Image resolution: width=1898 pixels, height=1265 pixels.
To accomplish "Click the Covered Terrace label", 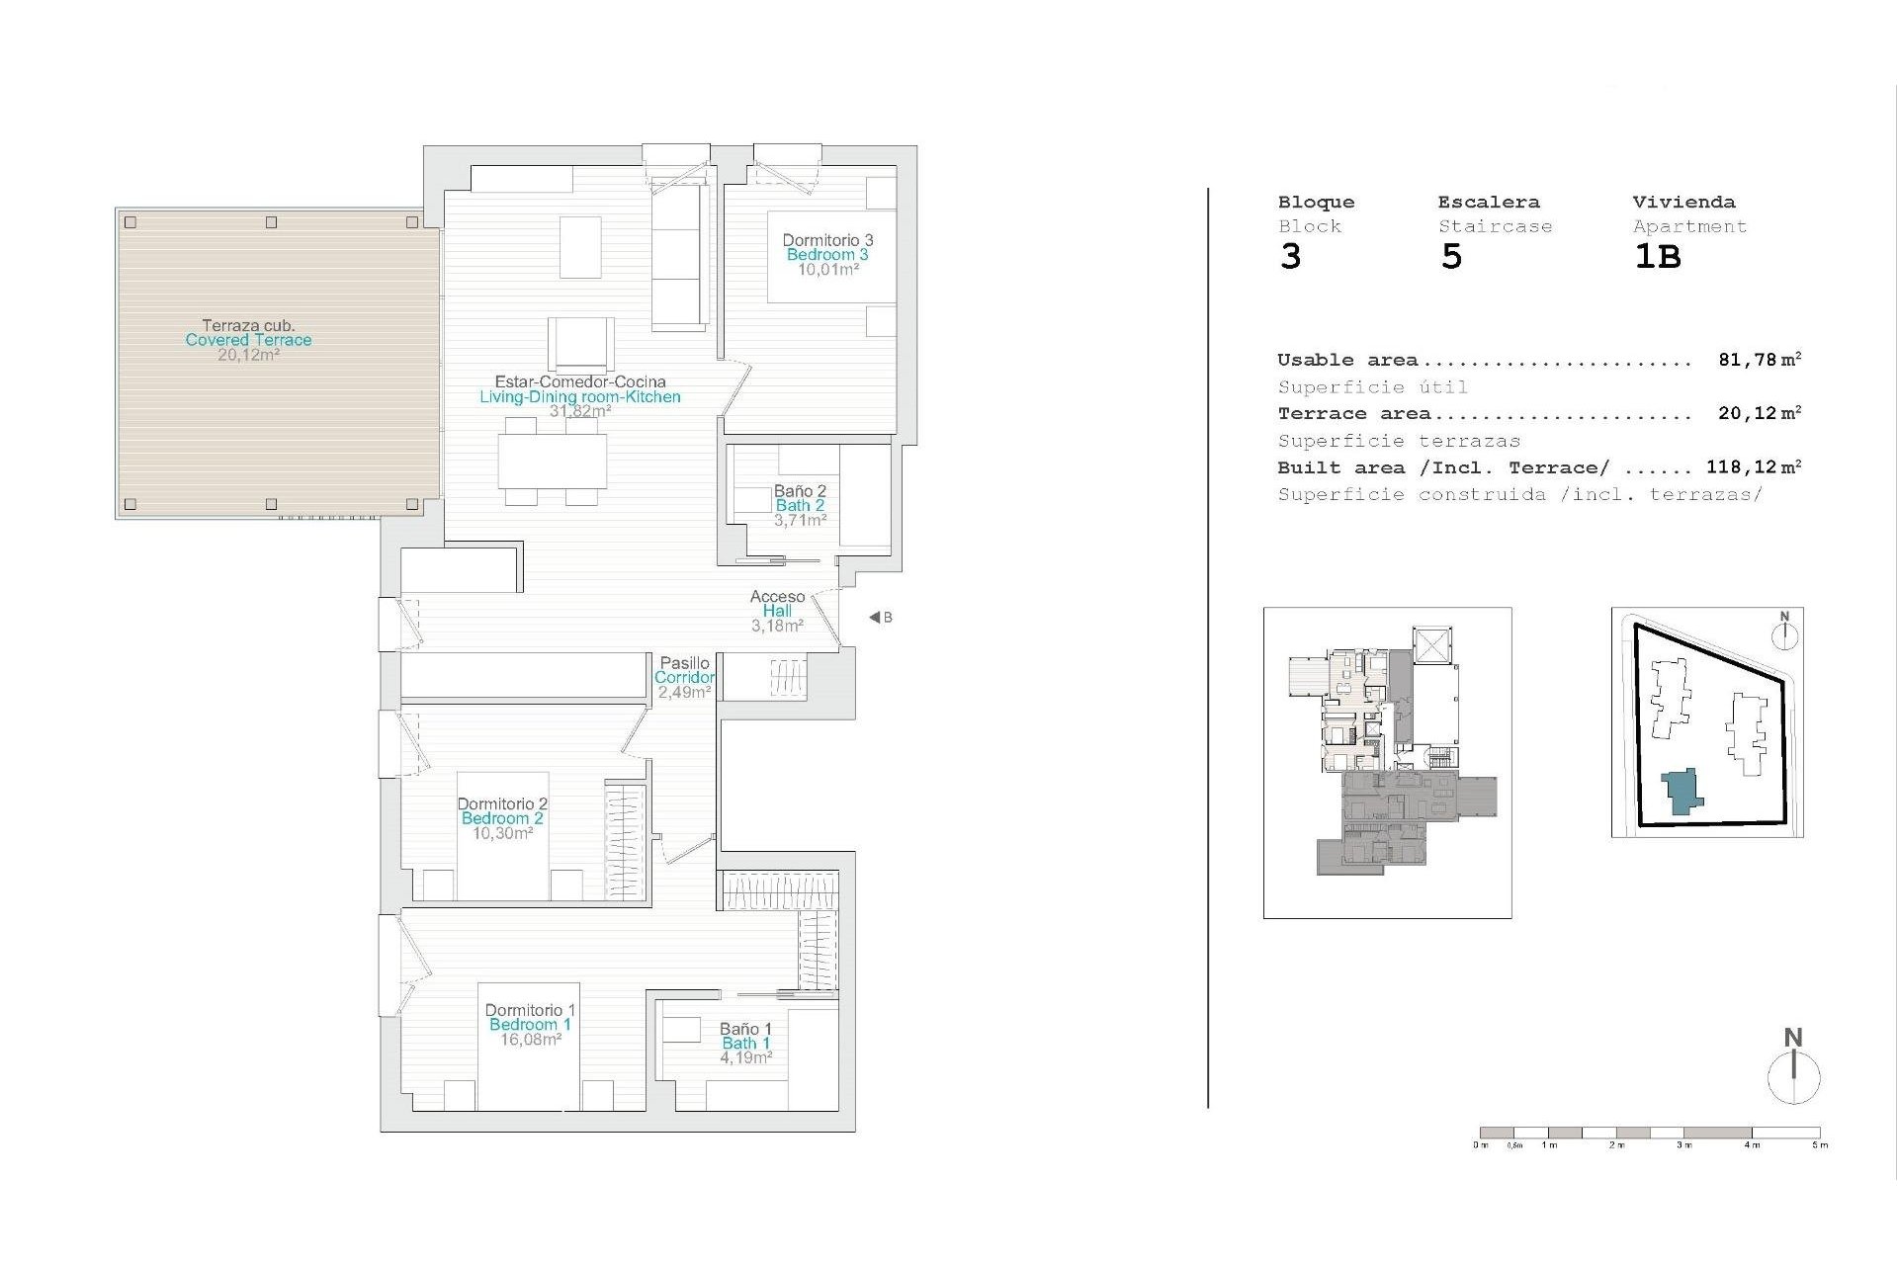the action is click(x=248, y=340).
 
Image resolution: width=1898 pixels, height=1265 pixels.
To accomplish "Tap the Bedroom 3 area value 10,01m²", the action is click(x=828, y=269).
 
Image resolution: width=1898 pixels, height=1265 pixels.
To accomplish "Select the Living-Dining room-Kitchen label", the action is click(x=580, y=397).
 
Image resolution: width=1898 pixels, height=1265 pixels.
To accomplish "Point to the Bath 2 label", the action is click(x=800, y=506).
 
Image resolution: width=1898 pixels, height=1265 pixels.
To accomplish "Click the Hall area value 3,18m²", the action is click(x=777, y=626).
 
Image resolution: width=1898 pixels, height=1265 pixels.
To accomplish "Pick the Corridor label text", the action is click(x=684, y=678).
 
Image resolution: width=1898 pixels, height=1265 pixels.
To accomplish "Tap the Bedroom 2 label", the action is click(x=502, y=818).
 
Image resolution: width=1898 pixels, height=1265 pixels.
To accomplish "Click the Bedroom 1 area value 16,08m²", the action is click(x=531, y=1040).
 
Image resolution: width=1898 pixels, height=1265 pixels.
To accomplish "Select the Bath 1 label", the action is click(x=745, y=1044).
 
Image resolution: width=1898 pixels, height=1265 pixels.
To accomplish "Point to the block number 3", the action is click(x=1291, y=257).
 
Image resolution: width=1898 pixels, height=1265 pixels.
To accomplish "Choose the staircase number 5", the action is click(x=1451, y=257).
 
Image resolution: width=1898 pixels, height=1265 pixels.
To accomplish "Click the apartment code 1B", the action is click(x=1658, y=257).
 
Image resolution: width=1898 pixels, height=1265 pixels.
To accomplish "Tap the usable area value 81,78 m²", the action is click(x=1760, y=361).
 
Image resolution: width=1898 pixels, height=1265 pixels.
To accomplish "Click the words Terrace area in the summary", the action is click(x=1354, y=414).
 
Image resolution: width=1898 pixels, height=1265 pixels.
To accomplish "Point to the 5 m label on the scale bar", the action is click(x=1820, y=1145).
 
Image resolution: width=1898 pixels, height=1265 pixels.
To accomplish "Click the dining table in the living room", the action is click(x=553, y=461).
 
